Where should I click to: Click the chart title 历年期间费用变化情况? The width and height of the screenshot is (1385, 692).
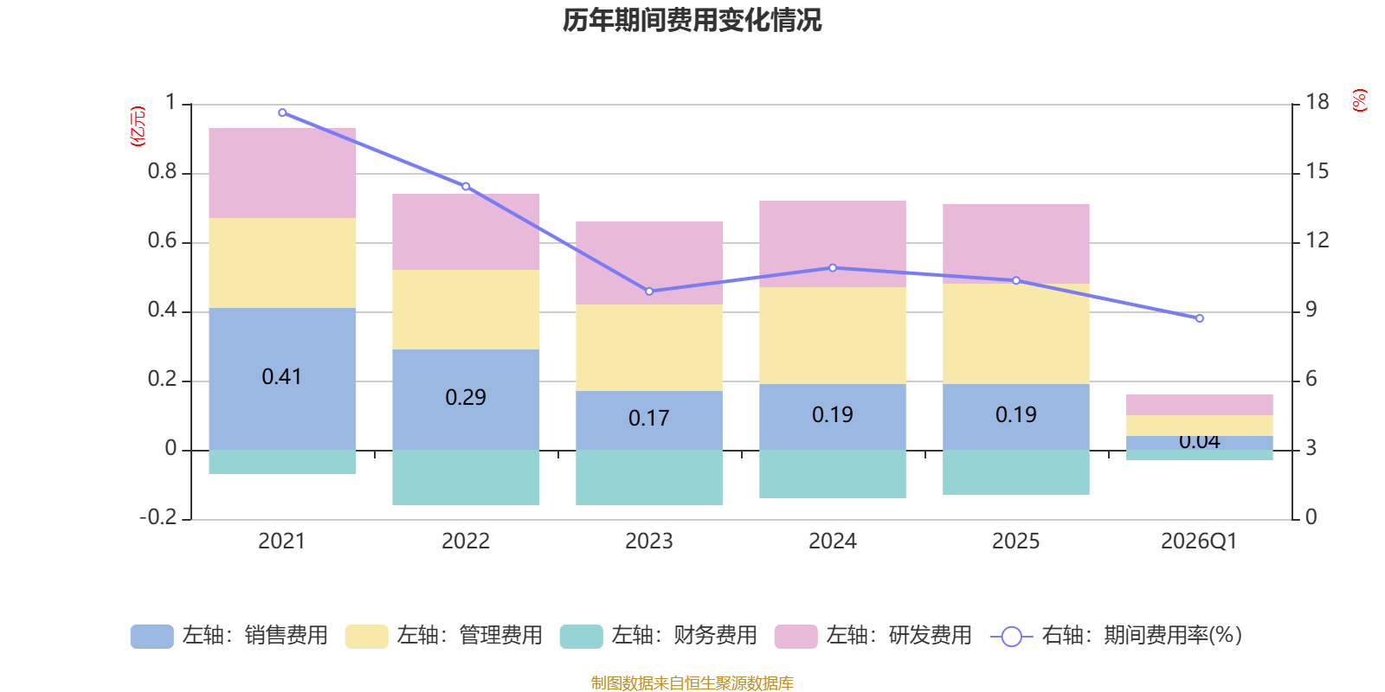[692, 20]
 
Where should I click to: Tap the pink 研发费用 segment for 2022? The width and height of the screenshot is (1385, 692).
[466, 231]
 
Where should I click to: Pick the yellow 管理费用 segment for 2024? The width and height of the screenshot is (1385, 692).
[833, 335]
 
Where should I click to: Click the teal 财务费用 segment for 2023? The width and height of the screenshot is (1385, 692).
[649, 477]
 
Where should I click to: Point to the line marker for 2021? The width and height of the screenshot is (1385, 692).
[282, 112]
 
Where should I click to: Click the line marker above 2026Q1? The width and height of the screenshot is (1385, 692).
[1200, 318]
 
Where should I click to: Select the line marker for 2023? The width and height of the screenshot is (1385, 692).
[649, 292]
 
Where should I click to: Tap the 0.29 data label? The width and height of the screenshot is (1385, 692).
[466, 398]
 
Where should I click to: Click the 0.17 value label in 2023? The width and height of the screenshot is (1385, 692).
[649, 419]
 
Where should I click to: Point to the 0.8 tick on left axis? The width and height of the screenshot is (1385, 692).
[162, 172]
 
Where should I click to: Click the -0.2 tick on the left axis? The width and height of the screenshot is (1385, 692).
[158, 517]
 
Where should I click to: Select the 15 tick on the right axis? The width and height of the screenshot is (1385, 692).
[1317, 172]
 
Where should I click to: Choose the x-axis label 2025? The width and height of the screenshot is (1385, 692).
[1015, 541]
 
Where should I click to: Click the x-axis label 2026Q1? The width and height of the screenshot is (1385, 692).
[1199, 541]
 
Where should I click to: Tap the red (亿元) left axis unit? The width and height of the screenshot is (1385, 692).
[137, 126]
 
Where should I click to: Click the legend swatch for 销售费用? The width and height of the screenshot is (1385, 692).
[151, 637]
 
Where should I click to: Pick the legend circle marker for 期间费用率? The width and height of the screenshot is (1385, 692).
[1011, 637]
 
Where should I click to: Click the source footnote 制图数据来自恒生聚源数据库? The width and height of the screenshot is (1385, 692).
[692, 683]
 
